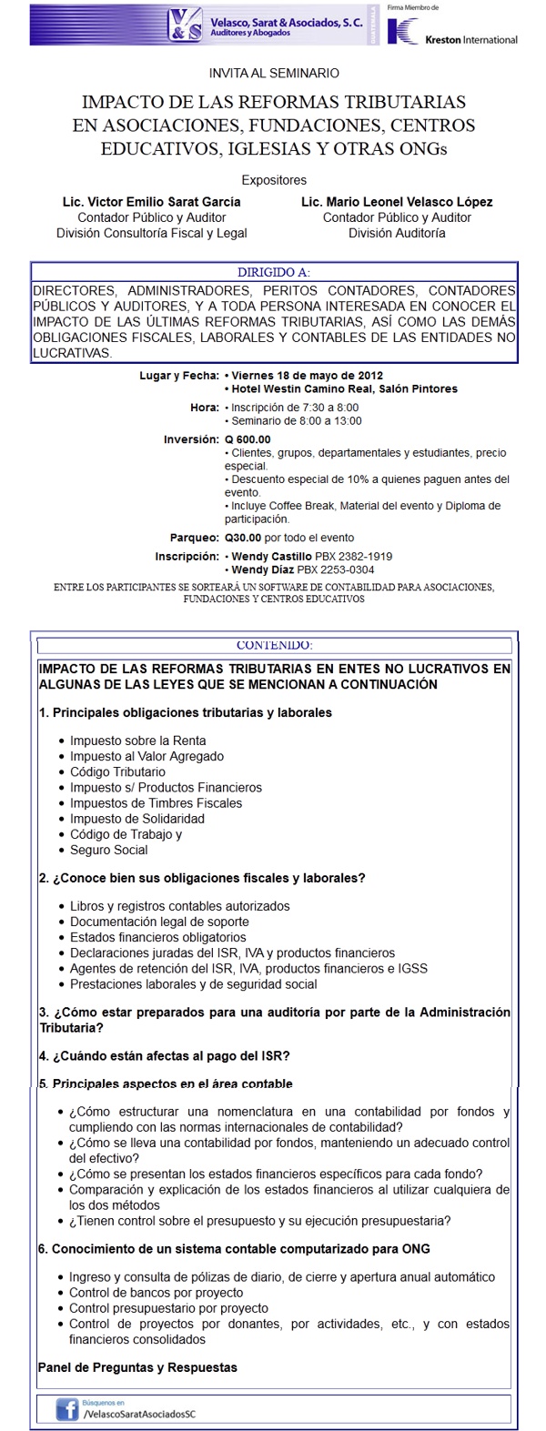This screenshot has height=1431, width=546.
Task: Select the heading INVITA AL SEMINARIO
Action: point(274,73)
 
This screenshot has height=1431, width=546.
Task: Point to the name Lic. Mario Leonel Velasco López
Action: point(397,202)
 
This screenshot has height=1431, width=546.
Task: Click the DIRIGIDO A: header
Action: point(274,272)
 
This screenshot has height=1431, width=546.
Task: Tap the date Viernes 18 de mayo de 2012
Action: point(307,375)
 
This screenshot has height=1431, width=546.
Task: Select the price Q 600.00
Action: point(248,439)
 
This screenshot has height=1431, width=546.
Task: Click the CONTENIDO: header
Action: point(274,645)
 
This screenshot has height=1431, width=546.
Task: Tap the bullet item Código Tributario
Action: point(117,771)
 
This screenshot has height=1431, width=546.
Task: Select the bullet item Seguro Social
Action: point(108,850)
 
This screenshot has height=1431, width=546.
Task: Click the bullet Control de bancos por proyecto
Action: point(156,1293)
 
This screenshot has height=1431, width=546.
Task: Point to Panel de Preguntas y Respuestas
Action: point(137,1367)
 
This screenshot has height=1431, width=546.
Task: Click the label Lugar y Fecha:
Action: point(178,375)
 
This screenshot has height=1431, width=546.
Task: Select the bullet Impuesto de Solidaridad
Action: point(137,819)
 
